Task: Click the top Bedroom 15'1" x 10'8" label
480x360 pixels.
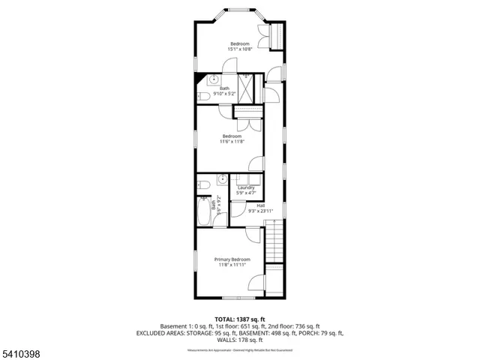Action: coord(240,47)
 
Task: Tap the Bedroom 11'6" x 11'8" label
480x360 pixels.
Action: coord(231,139)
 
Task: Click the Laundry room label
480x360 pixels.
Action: coord(245,190)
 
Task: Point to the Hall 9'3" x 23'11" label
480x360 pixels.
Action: coord(261,208)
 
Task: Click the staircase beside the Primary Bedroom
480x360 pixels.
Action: coord(274,241)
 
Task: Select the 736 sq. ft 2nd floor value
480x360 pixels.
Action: coord(306,326)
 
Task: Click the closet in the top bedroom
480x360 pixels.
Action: coord(276,35)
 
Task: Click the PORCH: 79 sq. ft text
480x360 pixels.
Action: coord(321,333)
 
